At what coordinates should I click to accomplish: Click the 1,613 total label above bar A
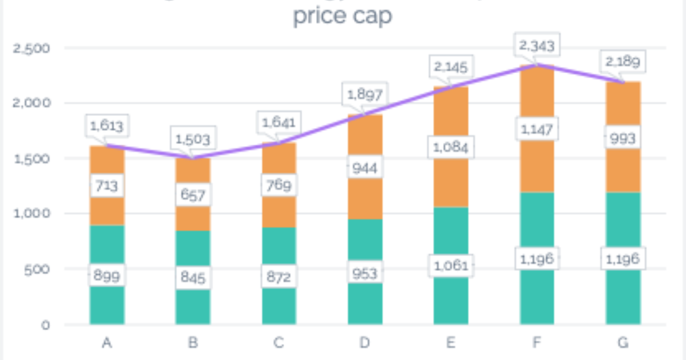[x=106, y=125]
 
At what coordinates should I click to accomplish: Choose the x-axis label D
[x=365, y=343]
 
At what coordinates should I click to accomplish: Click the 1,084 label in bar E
[x=451, y=147]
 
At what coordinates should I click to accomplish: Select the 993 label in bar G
[x=623, y=138]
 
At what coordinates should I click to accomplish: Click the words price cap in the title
[x=342, y=16]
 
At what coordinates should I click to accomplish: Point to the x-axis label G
[x=623, y=343]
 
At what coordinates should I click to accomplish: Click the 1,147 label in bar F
[x=537, y=130]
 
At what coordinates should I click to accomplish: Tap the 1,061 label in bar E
[x=451, y=266]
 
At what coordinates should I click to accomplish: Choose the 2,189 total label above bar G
[x=623, y=62]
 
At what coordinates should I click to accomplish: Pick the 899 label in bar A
[x=106, y=275]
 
